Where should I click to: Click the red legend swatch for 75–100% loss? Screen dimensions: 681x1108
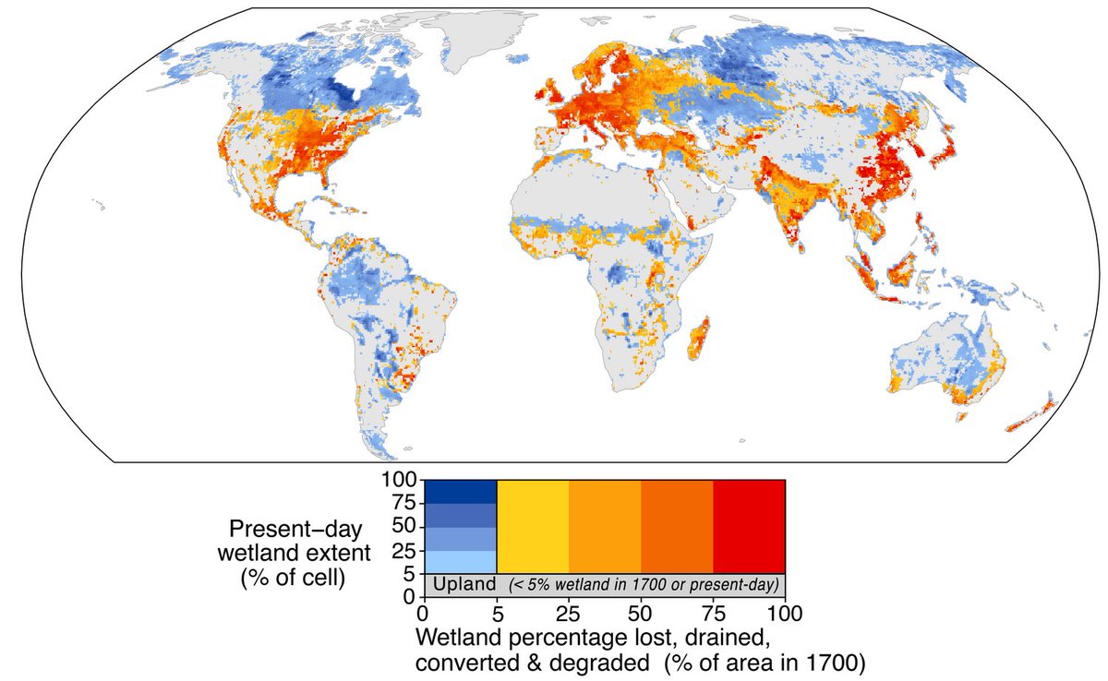click(749, 526)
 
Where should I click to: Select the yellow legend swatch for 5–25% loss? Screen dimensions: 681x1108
click(533, 526)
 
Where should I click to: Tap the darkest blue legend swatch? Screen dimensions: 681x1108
click(460, 492)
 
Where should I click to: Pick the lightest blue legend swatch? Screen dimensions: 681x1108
click(460, 561)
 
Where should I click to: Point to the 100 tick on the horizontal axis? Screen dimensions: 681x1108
click(784, 612)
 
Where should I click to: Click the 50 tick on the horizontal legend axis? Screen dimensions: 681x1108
click(641, 612)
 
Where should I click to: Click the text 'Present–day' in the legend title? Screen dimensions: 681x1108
click(281, 530)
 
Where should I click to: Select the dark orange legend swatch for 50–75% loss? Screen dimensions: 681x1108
click(677, 526)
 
